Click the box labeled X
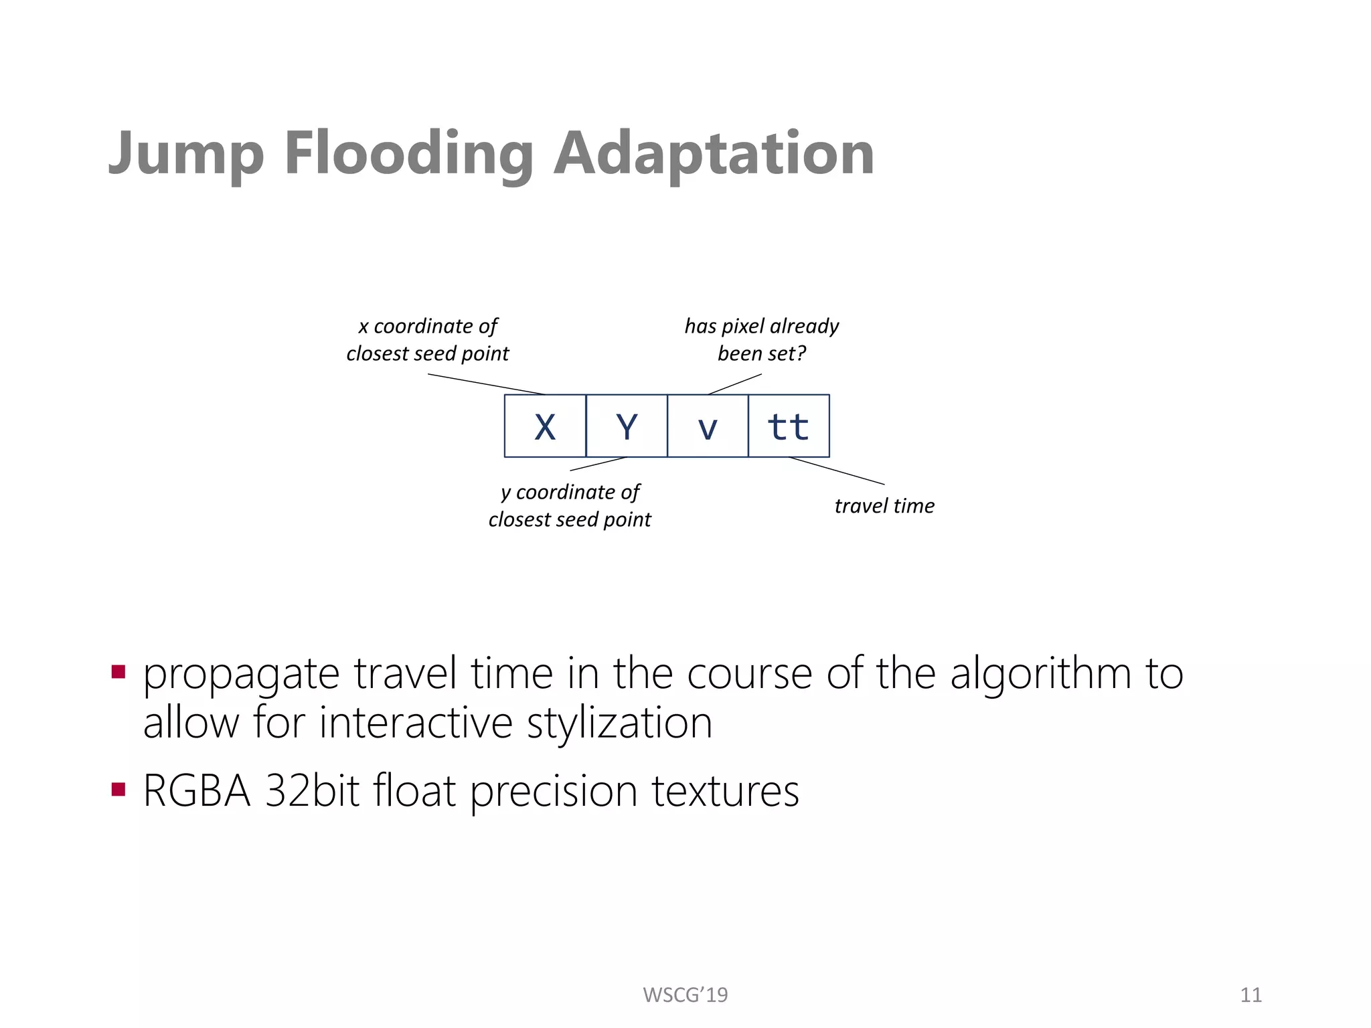(x=545, y=426)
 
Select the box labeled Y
(x=627, y=426)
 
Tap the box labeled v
(x=708, y=426)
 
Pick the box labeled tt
(x=789, y=426)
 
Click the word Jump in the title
(x=186, y=154)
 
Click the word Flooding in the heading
(x=408, y=154)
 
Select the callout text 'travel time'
(x=884, y=506)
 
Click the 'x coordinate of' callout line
(x=428, y=326)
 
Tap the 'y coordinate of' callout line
(x=570, y=492)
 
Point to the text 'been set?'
(x=761, y=353)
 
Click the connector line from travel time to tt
(x=837, y=470)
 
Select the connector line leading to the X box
(x=487, y=384)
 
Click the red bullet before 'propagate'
(x=118, y=671)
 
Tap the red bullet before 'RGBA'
(x=118, y=789)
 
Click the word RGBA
(x=197, y=791)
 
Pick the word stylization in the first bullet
(x=619, y=723)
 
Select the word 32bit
(x=312, y=791)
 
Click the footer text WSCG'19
(x=685, y=995)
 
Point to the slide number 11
(x=1251, y=995)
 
